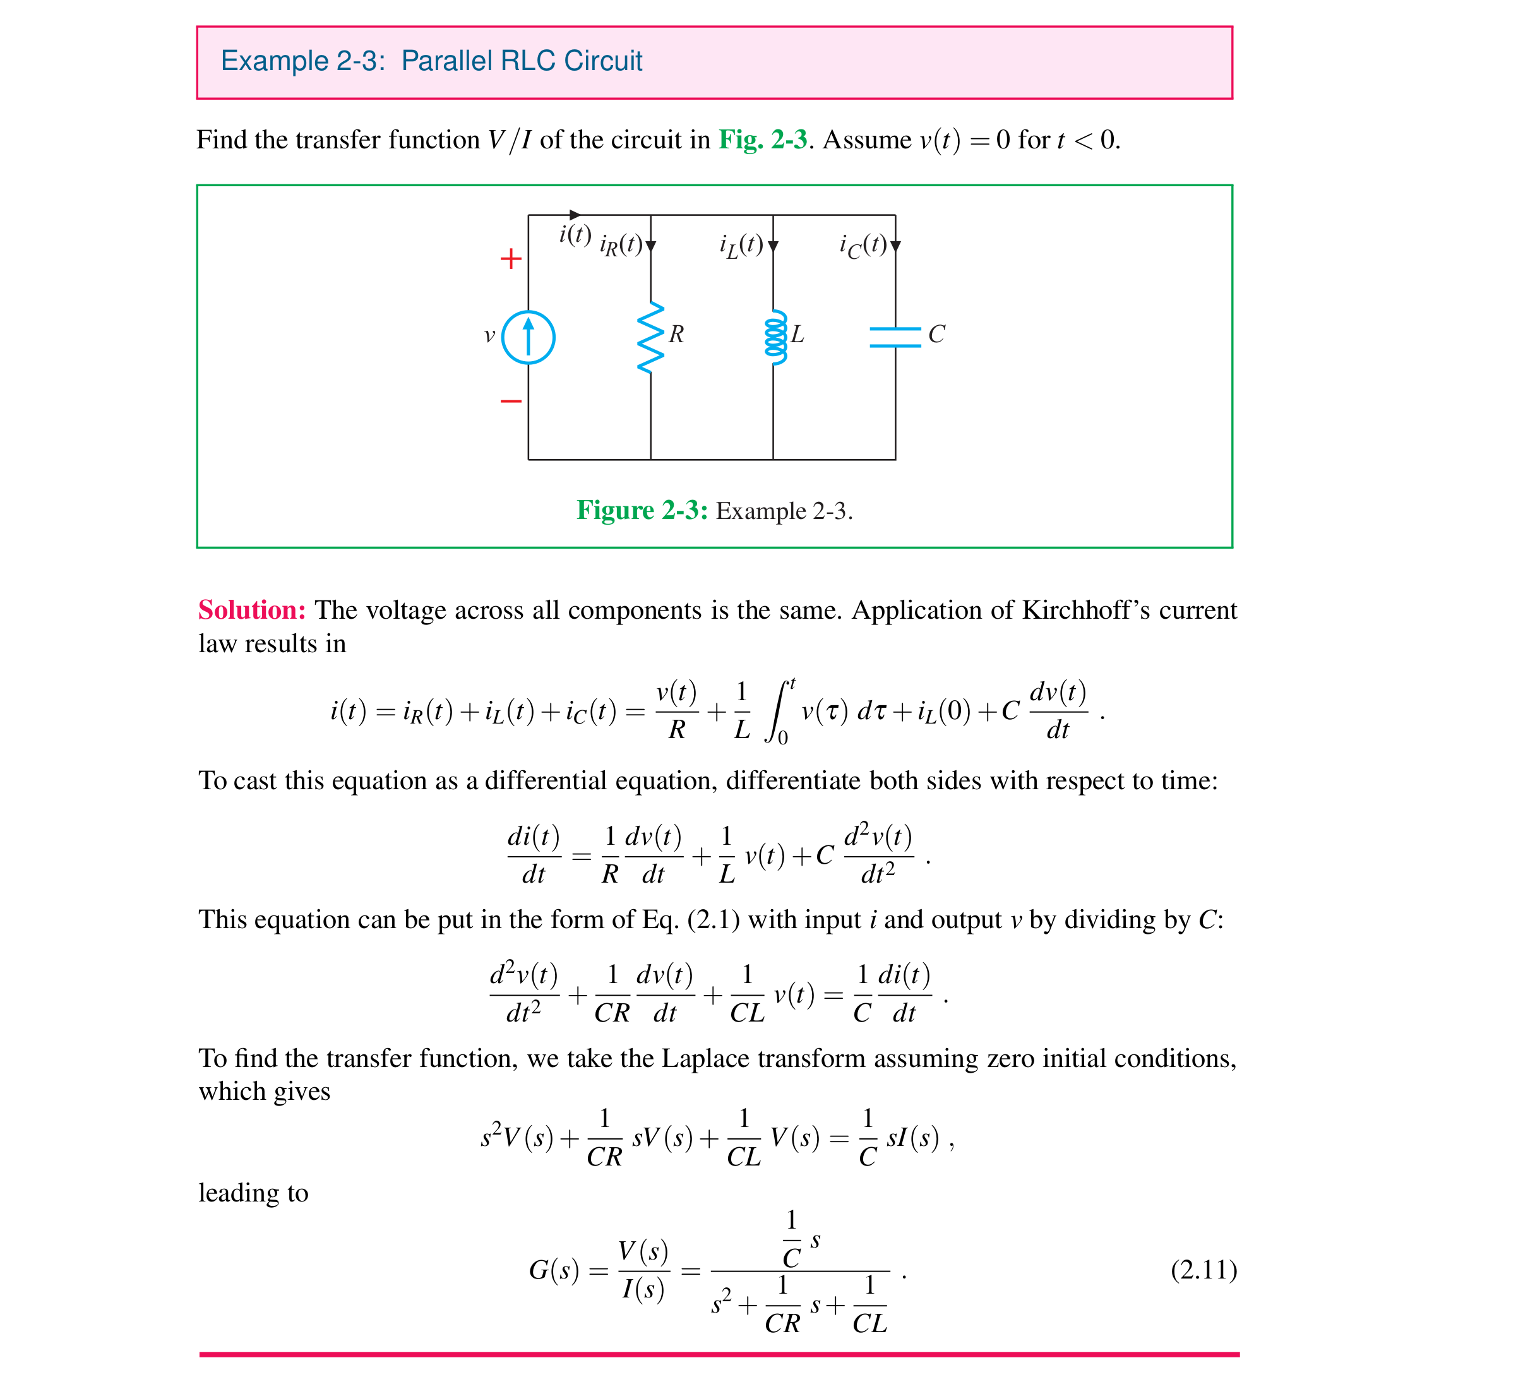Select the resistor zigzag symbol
pyautogui.click(x=650, y=338)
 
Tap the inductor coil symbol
pyautogui.click(x=775, y=338)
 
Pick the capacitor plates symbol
pyautogui.click(x=895, y=337)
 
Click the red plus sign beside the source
pyautogui.click(x=511, y=259)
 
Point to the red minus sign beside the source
pyautogui.click(x=511, y=400)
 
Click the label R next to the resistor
pyautogui.click(x=676, y=334)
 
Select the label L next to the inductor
pyautogui.click(x=797, y=334)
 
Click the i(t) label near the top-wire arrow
pyautogui.click(x=575, y=235)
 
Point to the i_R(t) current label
pyautogui.click(x=620, y=245)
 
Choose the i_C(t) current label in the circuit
pyautogui.click(x=863, y=245)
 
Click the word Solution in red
pyautogui.click(x=251, y=609)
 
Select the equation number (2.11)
pyautogui.click(x=1203, y=1270)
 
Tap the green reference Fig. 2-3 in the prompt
pyautogui.click(x=762, y=140)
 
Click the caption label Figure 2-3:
pyautogui.click(x=642, y=511)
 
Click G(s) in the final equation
pyautogui.click(x=554, y=1270)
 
